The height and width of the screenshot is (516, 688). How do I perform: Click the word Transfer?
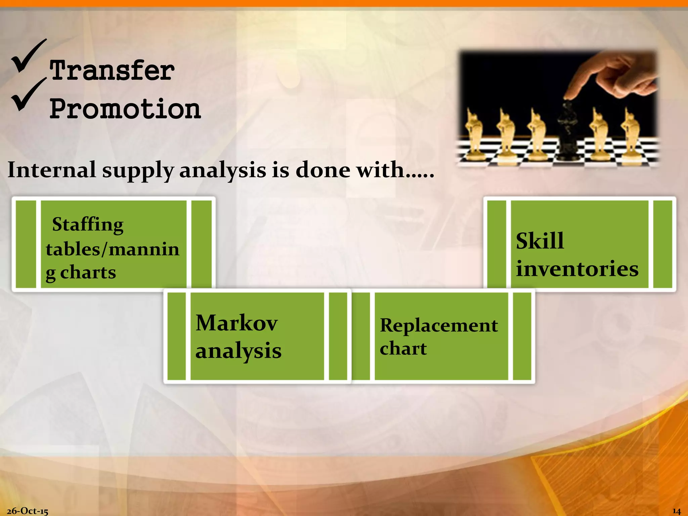pyautogui.click(x=112, y=71)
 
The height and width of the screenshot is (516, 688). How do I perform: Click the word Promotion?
pyautogui.click(x=125, y=109)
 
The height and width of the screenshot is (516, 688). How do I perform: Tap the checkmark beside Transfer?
pyautogui.click(x=29, y=55)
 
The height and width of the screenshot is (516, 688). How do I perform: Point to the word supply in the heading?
pyautogui.click(x=138, y=171)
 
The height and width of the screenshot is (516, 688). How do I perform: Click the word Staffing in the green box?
pyautogui.click(x=88, y=224)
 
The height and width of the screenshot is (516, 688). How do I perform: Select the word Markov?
pyautogui.click(x=236, y=323)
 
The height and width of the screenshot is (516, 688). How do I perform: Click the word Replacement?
pyautogui.click(x=439, y=326)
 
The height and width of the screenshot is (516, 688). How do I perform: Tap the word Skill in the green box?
pyautogui.click(x=540, y=241)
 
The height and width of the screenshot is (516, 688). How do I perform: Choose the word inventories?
pyautogui.click(x=577, y=269)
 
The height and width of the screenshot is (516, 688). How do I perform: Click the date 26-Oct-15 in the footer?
pyautogui.click(x=28, y=511)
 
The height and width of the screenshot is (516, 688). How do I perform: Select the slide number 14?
pyautogui.click(x=676, y=511)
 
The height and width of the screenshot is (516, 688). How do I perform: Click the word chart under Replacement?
pyautogui.click(x=403, y=348)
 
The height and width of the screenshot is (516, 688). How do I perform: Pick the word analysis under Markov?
pyautogui.click(x=238, y=351)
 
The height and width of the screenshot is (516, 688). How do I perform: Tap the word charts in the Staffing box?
pyautogui.click(x=88, y=272)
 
